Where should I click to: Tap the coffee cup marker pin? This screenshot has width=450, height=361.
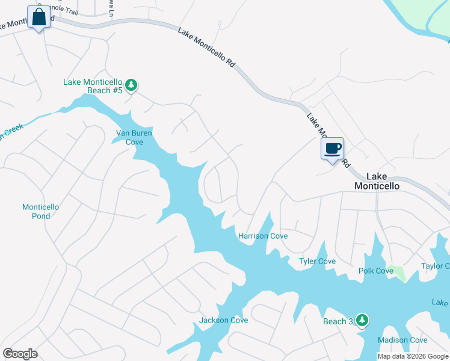pos(332,149)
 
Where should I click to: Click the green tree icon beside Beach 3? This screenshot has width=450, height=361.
pos(362,321)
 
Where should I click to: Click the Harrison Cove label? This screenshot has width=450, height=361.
pos(263,236)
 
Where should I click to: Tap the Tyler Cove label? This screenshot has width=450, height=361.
pos(318,261)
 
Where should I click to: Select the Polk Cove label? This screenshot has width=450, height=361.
pos(376,271)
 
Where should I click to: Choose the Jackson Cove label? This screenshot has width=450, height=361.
pos(223,320)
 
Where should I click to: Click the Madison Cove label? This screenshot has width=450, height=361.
pos(402,340)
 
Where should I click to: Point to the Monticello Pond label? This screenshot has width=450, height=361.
pos(40,211)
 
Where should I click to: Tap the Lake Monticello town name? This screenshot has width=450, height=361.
pos(377,181)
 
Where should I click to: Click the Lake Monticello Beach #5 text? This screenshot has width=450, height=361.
pos(93,86)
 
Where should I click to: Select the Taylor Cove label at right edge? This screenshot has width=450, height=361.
pos(435,266)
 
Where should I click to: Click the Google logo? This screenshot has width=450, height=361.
pos(20,354)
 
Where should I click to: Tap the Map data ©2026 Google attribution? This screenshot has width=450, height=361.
pos(412,356)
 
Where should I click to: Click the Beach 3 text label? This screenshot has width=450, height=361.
pos(338,321)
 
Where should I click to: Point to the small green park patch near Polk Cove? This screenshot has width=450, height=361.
pos(396,273)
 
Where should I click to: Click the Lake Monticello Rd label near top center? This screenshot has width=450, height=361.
pos(206,46)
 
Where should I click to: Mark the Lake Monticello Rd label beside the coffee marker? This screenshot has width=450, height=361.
pos(328,140)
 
